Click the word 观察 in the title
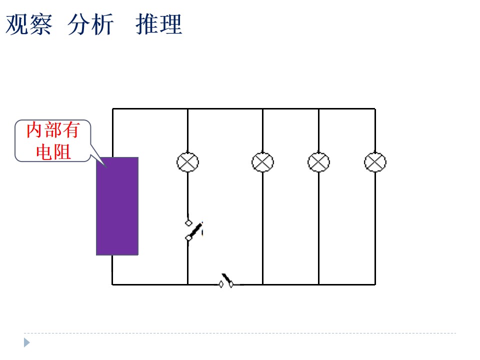tap(29, 24)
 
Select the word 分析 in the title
tap(90, 24)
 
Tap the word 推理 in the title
tap(159, 24)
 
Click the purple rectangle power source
tap(117, 206)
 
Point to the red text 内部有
tap(53, 130)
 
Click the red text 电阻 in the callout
tap(53, 151)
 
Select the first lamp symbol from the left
tap(187, 162)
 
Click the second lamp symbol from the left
tap(262, 162)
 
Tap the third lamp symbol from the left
tap(318, 162)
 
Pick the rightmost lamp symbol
tap(375, 162)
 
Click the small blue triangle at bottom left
tap(27, 342)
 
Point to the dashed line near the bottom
tap(240, 333)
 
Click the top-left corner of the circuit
tap(112, 108)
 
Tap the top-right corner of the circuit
tap(375, 108)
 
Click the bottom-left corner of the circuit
tap(112, 284)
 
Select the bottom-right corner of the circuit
tap(375, 284)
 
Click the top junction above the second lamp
tap(262, 108)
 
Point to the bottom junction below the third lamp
tap(318, 284)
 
